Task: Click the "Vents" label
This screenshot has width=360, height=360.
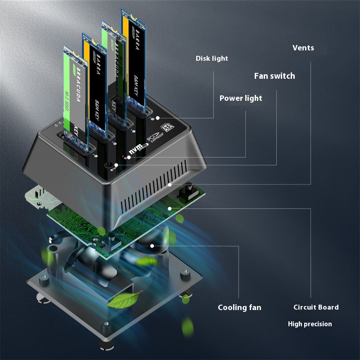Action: click(303, 48)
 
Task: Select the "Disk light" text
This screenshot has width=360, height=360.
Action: click(211, 58)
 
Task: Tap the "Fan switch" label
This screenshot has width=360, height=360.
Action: click(274, 76)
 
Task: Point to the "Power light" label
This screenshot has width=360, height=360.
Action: click(240, 98)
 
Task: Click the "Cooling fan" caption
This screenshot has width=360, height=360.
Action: click(239, 307)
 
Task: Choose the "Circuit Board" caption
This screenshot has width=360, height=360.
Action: click(316, 307)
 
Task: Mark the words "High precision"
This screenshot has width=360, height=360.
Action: click(310, 324)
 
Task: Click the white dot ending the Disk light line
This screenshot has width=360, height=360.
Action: click(158, 118)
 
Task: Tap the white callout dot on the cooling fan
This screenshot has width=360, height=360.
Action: click(153, 246)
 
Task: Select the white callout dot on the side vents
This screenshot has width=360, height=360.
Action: click(170, 184)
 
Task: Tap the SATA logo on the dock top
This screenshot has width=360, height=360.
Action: click(169, 127)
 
